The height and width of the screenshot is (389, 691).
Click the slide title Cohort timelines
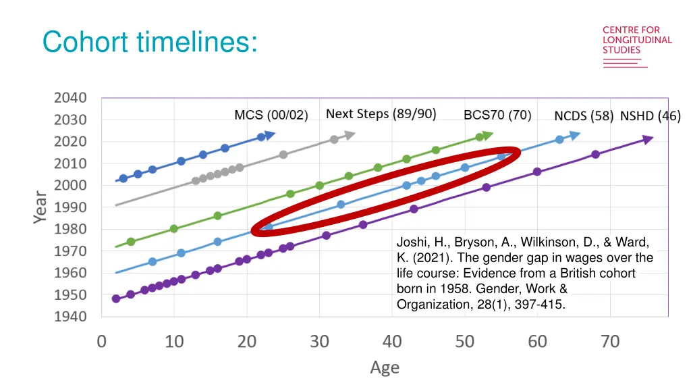(149, 42)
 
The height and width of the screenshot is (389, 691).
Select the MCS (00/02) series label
(271, 115)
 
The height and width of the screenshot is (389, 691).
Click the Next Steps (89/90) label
(381, 113)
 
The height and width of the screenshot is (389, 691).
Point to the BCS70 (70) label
(497, 115)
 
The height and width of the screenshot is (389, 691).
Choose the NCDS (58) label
(584, 116)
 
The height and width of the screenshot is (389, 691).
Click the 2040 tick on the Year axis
(70, 97)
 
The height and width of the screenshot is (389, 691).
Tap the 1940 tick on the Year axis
(70, 316)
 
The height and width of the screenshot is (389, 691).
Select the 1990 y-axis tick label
(70, 207)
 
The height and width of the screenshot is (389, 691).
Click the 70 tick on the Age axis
(610, 342)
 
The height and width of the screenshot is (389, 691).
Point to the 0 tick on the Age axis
(102, 342)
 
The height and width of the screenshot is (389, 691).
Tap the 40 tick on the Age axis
(392, 342)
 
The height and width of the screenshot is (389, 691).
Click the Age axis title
(385, 367)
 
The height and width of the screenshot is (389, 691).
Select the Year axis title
(41, 207)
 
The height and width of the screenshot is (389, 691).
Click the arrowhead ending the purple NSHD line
(647, 140)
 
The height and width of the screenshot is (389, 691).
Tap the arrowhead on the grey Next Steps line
(350, 136)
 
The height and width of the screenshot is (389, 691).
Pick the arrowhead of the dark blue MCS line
(270, 135)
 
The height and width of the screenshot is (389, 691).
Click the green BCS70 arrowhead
(488, 136)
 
